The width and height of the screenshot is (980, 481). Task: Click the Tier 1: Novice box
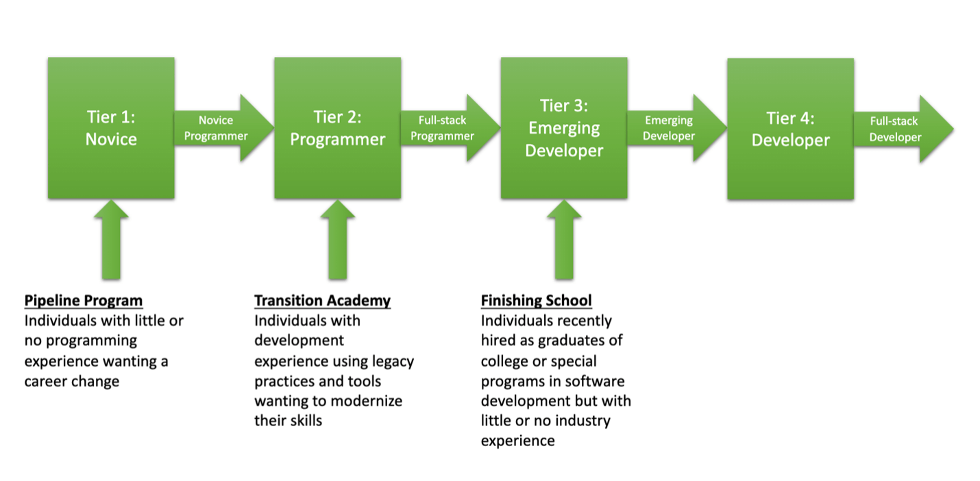point(111,127)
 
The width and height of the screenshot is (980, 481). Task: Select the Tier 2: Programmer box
point(338,127)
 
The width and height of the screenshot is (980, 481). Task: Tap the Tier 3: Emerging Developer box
point(564,127)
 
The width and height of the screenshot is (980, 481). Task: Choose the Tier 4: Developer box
point(791,129)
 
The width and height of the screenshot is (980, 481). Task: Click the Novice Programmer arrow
point(224,128)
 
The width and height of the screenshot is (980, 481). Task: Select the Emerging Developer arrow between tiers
point(677,128)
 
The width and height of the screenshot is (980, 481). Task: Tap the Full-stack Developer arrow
point(903,129)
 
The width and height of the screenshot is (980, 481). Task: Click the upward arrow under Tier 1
point(111,240)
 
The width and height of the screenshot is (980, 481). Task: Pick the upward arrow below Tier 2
point(338,240)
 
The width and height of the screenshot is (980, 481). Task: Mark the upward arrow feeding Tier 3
point(564,240)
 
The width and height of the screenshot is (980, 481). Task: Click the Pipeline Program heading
point(84,301)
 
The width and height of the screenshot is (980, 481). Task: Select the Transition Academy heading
point(322,301)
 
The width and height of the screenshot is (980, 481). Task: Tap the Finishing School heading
point(537,301)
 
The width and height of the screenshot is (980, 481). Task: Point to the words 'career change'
point(72,381)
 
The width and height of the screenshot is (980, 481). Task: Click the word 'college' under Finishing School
point(506,362)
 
